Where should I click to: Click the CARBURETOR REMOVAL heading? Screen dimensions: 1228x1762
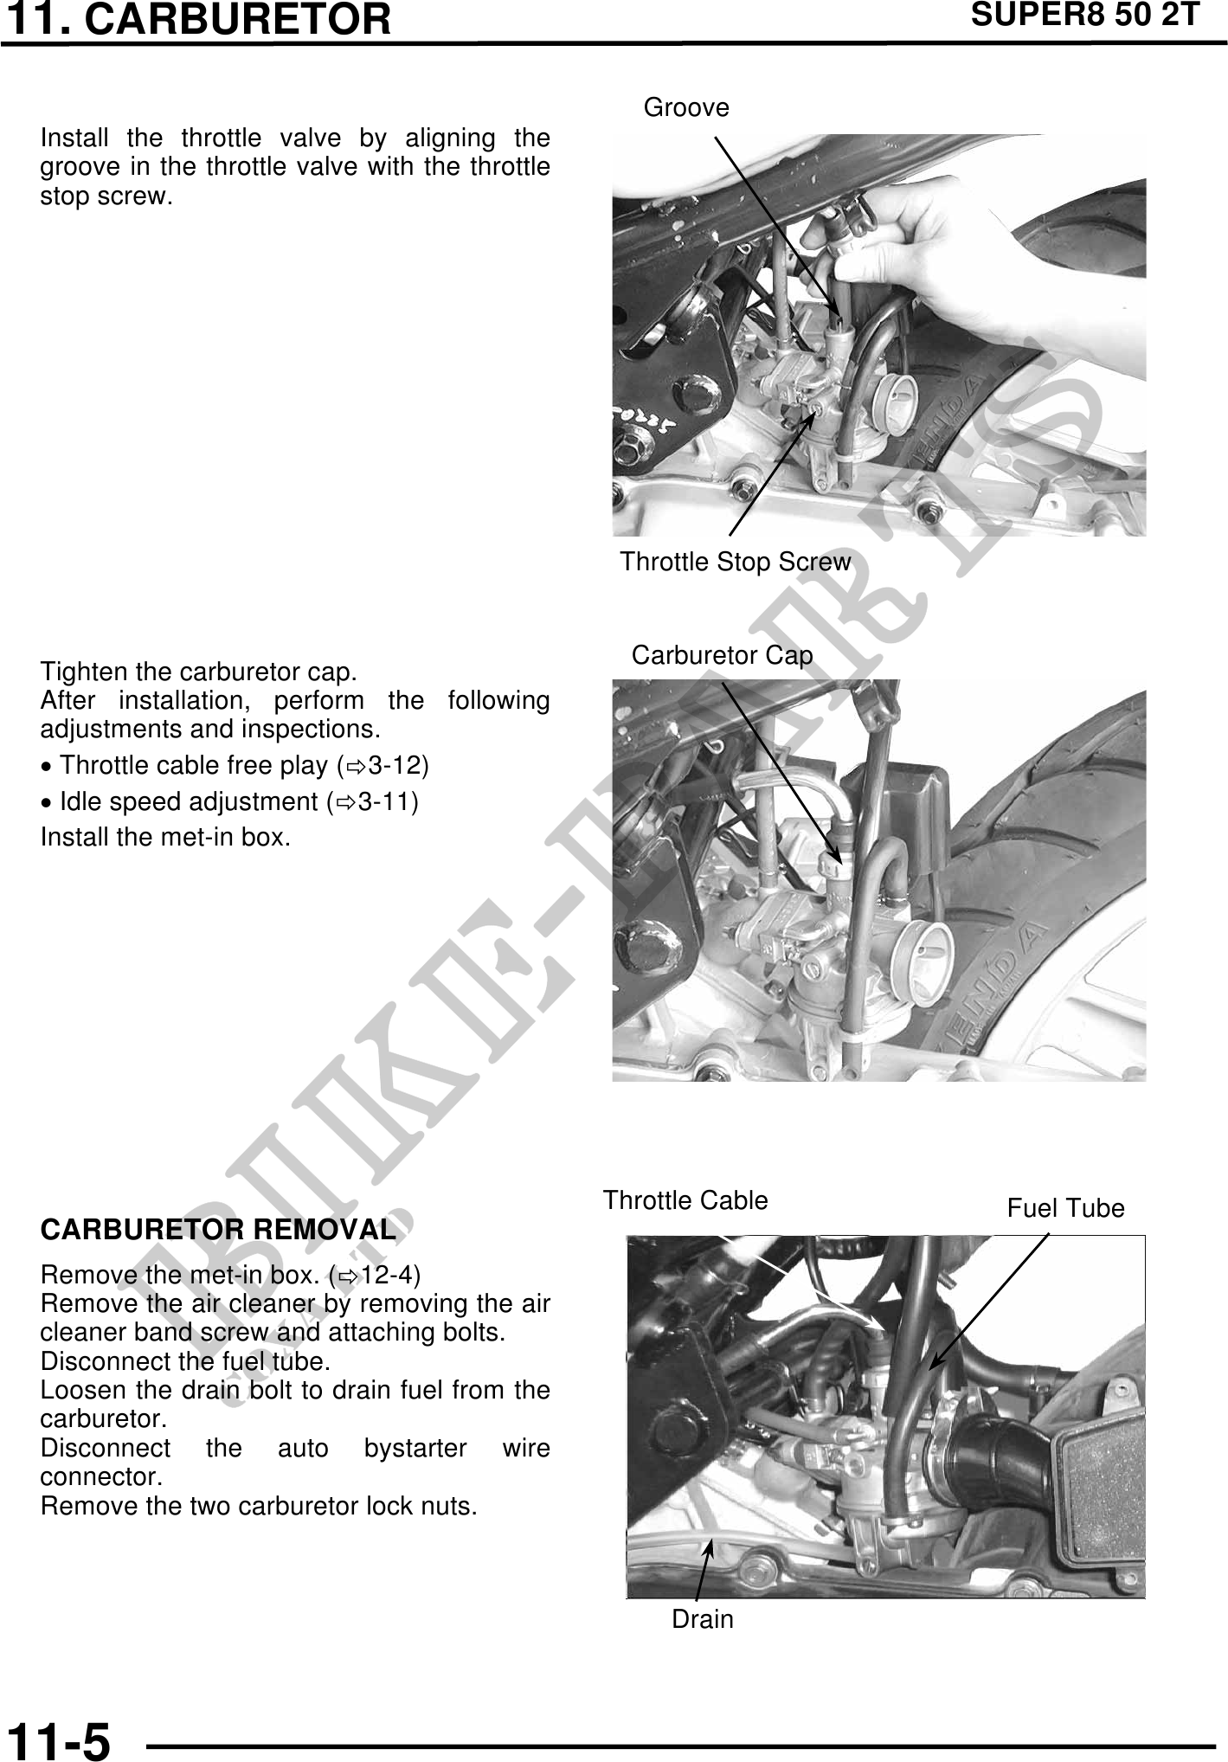pyautogui.click(x=218, y=1229)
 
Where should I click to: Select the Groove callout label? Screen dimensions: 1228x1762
pyautogui.click(x=686, y=107)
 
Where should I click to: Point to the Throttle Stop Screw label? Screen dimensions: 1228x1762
pyautogui.click(x=736, y=562)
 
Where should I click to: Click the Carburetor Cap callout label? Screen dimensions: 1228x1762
pyautogui.click(x=723, y=655)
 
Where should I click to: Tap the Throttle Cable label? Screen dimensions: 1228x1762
pyautogui.click(x=685, y=1200)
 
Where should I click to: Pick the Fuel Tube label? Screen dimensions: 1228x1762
pyautogui.click(x=1065, y=1208)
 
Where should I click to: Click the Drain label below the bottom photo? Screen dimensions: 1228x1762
pyautogui.click(x=703, y=1619)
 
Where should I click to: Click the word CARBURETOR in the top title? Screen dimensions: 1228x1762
pyautogui.click(x=239, y=19)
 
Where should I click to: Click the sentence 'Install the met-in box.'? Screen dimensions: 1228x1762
pyautogui.click(x=165, y=838)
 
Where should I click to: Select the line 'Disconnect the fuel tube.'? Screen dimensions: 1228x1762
pyautogui.click(x=185, y=1361)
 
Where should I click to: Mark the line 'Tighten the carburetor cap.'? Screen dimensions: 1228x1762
pyautogui.click(x=199, y=672)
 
